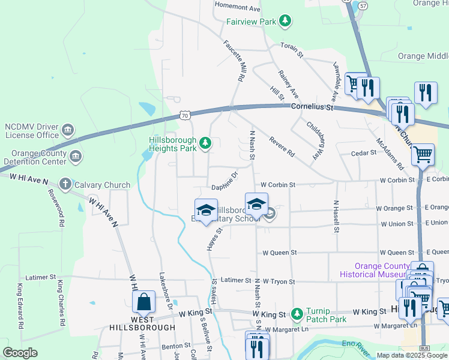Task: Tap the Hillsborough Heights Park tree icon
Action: pos(205,143)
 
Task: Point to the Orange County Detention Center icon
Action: pos(76,157)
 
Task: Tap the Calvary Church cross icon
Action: pos(65,184)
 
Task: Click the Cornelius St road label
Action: pos(312,107)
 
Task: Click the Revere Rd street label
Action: pos(282,146)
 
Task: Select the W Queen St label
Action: pos(280,253)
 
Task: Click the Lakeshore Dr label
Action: pos(165,290)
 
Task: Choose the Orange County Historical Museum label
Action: pos(373,270)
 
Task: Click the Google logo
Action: pos(21,353)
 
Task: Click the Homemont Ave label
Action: pos(238,9)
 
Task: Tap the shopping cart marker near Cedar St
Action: pos(423,154)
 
